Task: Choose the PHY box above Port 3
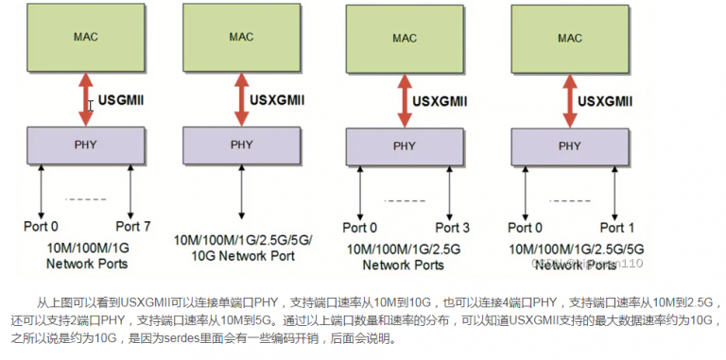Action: point(405,146)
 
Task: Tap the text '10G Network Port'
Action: point(242,254)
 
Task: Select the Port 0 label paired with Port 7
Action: point(41,227)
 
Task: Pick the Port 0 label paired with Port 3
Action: point(359,228)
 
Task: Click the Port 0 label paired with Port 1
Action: point(526,228)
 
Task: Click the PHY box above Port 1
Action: point(570,146)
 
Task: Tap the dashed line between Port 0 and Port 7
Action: point(85,198)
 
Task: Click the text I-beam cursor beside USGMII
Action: point(91,106)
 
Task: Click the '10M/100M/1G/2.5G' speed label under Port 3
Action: point(404,249)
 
